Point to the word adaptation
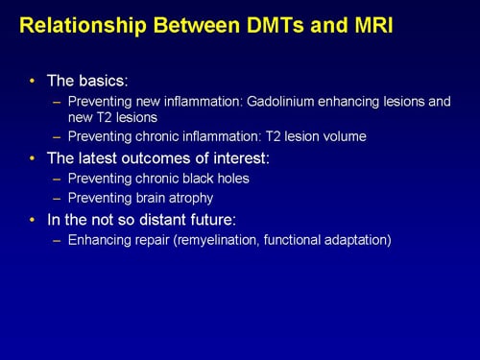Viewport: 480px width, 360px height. [353, 241]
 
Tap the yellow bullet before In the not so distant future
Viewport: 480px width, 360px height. [36, 220]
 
